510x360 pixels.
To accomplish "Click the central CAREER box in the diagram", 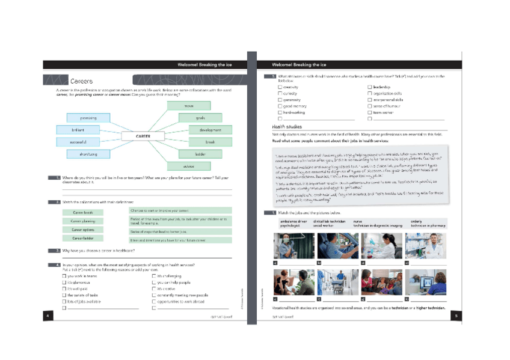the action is (143, 136).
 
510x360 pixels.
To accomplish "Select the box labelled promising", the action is (88, 118).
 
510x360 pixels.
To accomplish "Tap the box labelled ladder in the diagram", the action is (201, 154).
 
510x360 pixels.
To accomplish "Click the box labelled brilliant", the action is (79, 130).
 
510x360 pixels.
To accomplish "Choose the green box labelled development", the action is (210, 130).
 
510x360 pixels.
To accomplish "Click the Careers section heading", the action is (81, 81).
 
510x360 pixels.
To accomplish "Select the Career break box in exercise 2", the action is (83, 212).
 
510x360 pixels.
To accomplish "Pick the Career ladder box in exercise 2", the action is (83, 238).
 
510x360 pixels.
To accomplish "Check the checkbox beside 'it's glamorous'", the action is (64, 282).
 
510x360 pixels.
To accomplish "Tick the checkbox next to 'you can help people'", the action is (154, 282).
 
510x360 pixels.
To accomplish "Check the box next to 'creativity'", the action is (280, 87).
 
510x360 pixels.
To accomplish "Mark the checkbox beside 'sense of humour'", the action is (369, 106).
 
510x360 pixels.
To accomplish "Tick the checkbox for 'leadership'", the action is (369, 87).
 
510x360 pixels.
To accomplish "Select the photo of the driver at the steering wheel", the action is (337, 246).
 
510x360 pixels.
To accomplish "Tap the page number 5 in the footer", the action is (456, 316).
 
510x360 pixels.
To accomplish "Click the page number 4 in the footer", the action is (48, 316).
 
